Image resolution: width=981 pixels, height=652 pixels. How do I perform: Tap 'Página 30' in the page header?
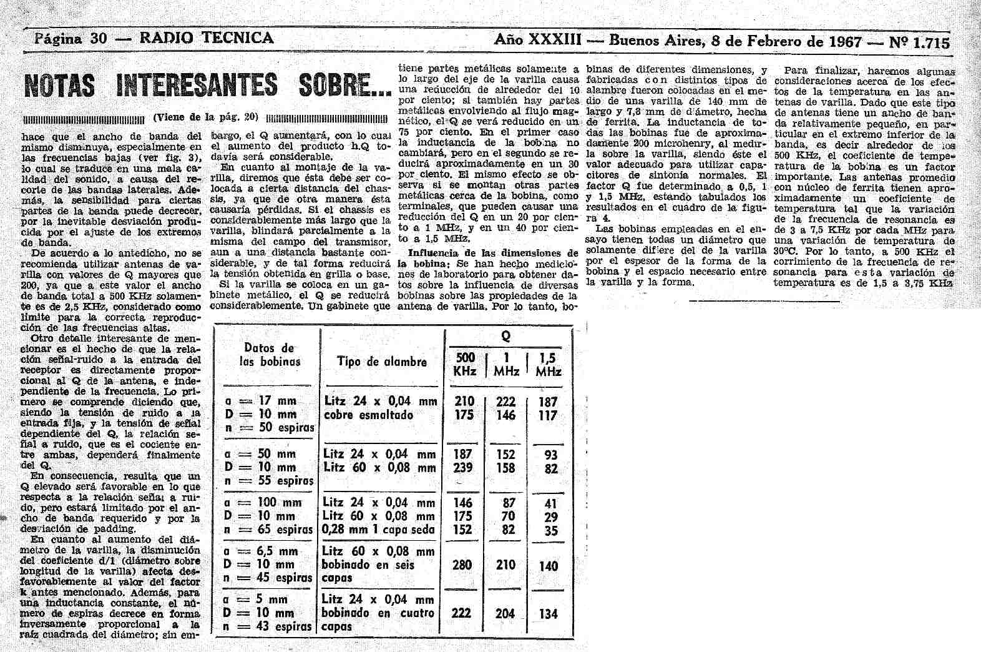pyautogui.click(x=71, y=39)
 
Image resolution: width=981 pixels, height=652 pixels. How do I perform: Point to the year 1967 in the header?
pyautogui.click(x=845, y=42)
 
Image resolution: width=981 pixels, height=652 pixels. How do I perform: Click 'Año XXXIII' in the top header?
pyautogui.click(x=537, y=41)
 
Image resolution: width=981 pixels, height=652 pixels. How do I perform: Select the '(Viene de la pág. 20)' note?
pyautogui.click(x=205, y=117)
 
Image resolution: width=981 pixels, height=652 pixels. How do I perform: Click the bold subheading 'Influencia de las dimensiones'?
pyautogui.click(x=493, y=253)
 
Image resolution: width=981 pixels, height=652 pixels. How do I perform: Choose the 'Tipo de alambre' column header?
pyautogui.click(x=382, y=362)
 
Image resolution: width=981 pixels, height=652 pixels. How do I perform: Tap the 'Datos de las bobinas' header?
pyautogui.click(x=270, y=354)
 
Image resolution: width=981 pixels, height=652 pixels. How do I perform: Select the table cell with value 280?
pyautogui.click(x=462, y=565)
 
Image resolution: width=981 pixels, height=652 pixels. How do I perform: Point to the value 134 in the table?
pyautogui.click(x=548, y=614)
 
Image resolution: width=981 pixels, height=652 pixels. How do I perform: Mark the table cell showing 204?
pyautogui.click(x=505, y=614)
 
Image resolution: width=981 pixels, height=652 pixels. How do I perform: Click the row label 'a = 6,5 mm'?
pyautogui.click(x=260, y=551)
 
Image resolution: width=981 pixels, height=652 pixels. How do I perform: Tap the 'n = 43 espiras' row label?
pyautogui.click(x=267, y=626)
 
